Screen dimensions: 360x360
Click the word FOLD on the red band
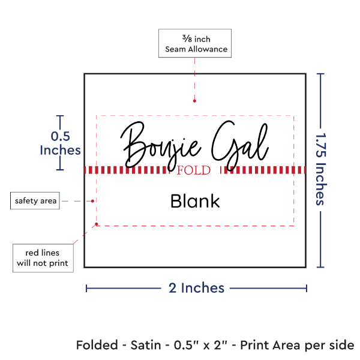click(x=194, y=170)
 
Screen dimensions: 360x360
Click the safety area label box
click(x=36, y=201)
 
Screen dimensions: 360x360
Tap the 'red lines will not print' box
click(x=43, y=258)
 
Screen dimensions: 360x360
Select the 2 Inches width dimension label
click(x=196, y=288)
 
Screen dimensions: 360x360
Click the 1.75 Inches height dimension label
click(x=321, y=170)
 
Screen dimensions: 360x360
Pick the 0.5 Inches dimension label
click(x=60, y=143)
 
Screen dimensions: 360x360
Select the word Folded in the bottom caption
click(x=97, y=346)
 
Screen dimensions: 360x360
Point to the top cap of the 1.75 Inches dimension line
click(x=320, y=74)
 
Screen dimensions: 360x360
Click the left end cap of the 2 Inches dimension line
click(x=86, y=289)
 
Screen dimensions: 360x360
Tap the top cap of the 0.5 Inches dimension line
click(x=60, y=116)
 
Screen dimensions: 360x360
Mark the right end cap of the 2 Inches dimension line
click(x=307, y=289)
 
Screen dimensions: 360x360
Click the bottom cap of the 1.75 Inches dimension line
click(x=320, y=267)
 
